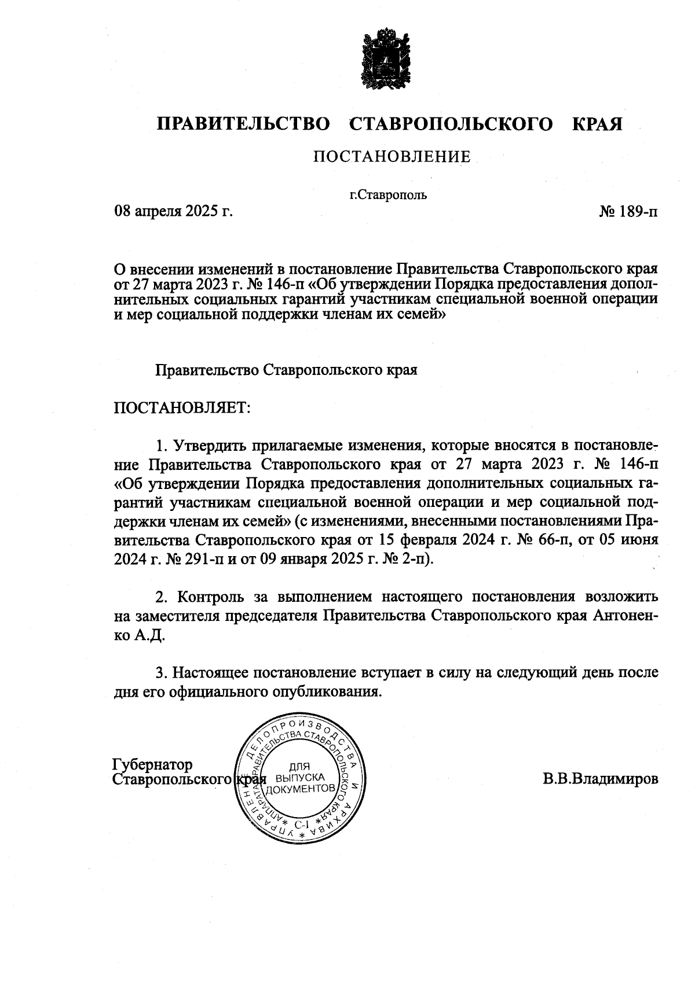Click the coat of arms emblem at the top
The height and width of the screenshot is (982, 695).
point(386,60)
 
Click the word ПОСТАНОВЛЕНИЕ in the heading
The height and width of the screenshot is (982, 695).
point(392,156)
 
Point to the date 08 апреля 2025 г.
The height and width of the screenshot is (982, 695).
point(173,211)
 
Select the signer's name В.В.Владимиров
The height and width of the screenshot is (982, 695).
point(600,778)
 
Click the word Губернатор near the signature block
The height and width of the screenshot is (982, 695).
point(152,765)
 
